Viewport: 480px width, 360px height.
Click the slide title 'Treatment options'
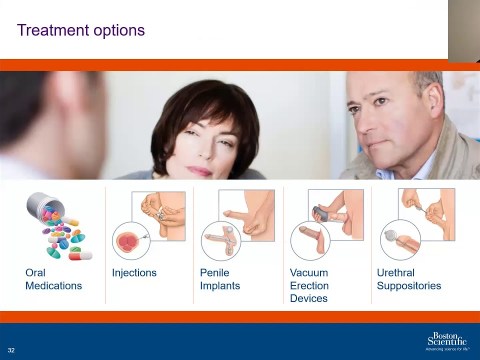81,30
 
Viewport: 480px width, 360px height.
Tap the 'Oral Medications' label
54,278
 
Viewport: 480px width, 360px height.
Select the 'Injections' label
134,272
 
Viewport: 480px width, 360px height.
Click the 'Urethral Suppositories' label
408,278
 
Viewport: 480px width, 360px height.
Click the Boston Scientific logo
447,340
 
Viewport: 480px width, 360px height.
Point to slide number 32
11,349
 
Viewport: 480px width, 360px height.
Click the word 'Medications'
54,285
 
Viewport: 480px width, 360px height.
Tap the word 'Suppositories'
408,285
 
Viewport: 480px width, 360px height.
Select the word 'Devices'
309,298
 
